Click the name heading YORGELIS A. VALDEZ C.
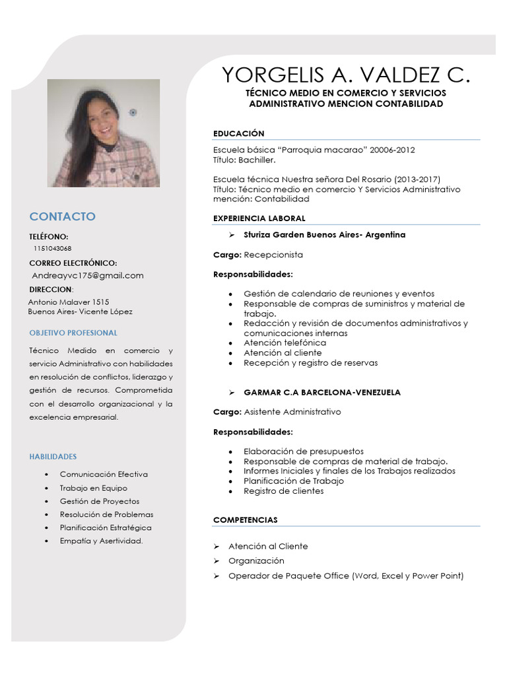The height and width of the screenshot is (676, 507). [347, 75]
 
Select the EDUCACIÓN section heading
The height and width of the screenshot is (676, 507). [238, 133]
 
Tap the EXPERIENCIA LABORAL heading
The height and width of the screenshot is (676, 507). [259, 219]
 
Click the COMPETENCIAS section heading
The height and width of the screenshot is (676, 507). [245, 520]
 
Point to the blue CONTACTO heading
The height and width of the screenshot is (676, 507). [62, 217]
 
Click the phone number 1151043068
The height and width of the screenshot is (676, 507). [52, 249]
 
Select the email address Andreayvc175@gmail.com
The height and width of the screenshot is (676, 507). [88, 275]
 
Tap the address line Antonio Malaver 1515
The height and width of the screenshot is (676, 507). [69, 302]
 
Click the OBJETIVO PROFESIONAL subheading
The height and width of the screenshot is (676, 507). [73, 333]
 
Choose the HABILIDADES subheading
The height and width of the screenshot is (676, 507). [53, 456]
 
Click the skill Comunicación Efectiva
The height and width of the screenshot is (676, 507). [104, 475]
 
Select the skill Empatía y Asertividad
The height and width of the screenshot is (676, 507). [101, 541]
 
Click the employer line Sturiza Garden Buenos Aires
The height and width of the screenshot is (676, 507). [324, 235]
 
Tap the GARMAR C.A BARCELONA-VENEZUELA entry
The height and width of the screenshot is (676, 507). [321, 392]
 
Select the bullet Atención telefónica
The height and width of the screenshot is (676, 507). [285, 343]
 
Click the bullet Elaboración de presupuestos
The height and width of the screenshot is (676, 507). [303, 452]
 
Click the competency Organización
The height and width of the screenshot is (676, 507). [256, 561]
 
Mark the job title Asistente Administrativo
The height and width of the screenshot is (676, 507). [292, 412]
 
